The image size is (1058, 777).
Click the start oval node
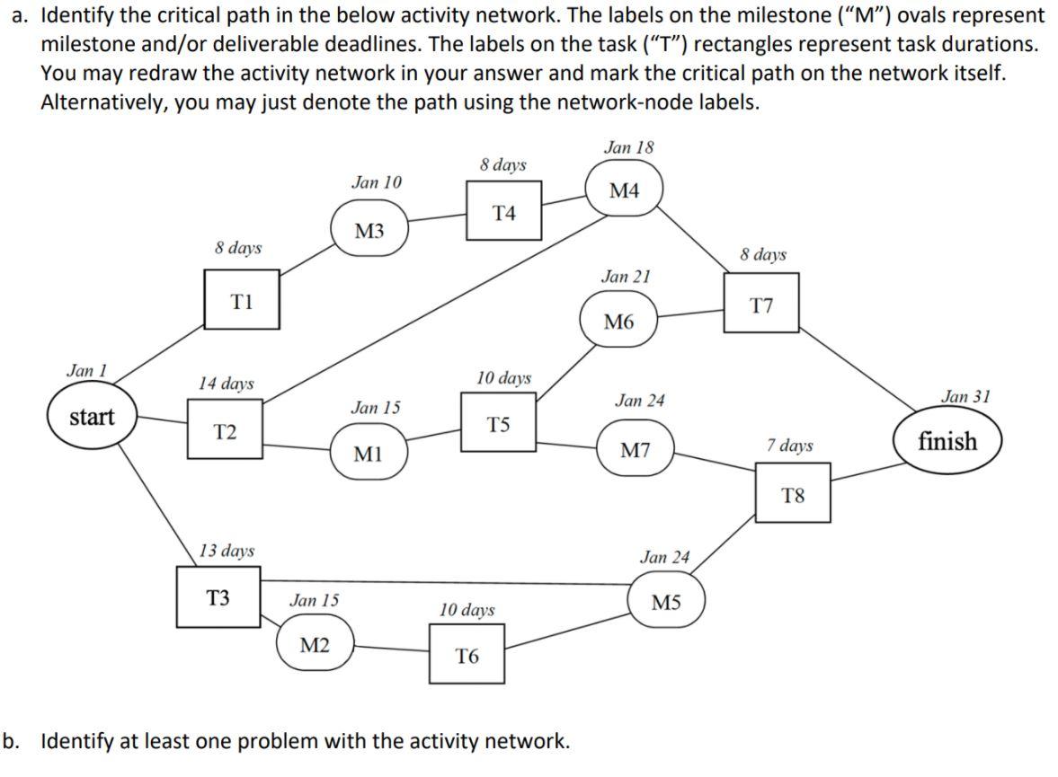(x=93, y=417)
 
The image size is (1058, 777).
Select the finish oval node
(x=947, y=441)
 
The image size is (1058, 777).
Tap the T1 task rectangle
(x=242, y=303)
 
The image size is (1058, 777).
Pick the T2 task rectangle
(x=226, y=432)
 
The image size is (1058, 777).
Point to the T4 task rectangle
(x=504, y=212)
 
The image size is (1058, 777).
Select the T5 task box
(x=500, y=424)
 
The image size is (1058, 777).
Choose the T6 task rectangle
(x=467, y=656)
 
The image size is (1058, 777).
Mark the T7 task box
(x=761, y=306)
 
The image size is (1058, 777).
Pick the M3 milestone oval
(x=369, y=231)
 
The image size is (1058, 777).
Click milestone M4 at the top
(x=624, y=190)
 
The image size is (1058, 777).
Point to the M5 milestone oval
(x=666, y=602)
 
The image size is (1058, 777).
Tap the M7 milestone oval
(x=636, y=450)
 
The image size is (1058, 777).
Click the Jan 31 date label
(x=965, y=395)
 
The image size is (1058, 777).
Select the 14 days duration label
(x=226, y=384)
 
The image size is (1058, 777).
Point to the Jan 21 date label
(x=626, y=277)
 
